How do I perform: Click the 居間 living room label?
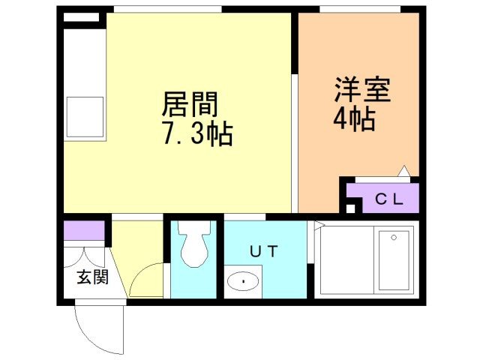click(x=190, y=104)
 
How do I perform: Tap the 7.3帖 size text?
click(x=197, y=133)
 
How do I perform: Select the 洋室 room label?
click(x=362, y=90)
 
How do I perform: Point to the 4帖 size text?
click(x=355, y=118)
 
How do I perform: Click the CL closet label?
click(x=389, y=199)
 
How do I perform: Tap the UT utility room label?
click(x=264, y=251)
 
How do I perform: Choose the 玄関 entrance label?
click(x=93, y=277)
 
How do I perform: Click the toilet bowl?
click(x=195, y=243)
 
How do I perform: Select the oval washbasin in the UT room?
click(x=243, y=281)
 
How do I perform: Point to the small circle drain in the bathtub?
click(x=394, y=238)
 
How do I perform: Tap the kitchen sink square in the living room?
click(x=85, y=117)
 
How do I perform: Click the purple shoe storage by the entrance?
click(x=84, y=230)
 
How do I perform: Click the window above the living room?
click(x=168, y=9)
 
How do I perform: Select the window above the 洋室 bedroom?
click(x=360, y=9)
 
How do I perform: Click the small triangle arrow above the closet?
click(x=404, y=170)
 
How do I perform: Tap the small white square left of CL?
click(x=350, y=208)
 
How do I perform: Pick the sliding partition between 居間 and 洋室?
click(x=295, y=143)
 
